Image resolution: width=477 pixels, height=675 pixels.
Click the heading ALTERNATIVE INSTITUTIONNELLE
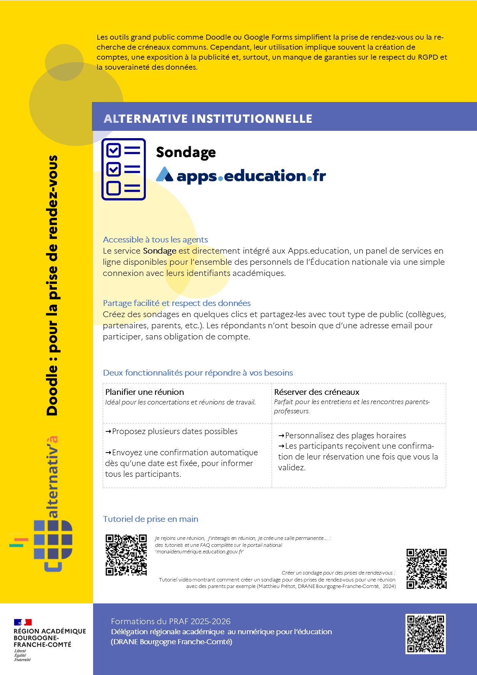(x=208, y=119)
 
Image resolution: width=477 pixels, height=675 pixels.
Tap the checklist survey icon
(x=123, y=169)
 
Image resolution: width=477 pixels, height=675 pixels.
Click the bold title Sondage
(x=186, y=152)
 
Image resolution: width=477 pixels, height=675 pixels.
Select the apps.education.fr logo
(x=241, y=175)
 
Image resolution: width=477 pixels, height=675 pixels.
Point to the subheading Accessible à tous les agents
(x=155, y=240)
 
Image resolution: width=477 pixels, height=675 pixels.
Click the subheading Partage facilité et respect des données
(x=177, y=303)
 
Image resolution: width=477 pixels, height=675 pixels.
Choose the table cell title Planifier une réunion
(x=145, y=392)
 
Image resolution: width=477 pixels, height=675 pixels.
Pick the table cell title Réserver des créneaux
(x=317, y=392)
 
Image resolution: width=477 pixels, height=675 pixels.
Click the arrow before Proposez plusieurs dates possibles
(x=108, y=432)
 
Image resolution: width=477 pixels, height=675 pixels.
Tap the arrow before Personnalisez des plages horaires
(x=281, y=436)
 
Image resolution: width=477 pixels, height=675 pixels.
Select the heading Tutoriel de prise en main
(x=150, y=519)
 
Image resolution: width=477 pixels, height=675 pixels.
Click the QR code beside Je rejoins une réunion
(x=126, y=555)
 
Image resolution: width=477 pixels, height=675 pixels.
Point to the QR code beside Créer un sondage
(x=427, y=569)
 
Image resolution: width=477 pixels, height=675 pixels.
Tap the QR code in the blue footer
(x=425, y=634)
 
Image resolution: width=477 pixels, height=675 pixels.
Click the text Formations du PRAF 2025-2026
(x=171, y=622)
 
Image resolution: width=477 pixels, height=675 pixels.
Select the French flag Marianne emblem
(x=23, y=622)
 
